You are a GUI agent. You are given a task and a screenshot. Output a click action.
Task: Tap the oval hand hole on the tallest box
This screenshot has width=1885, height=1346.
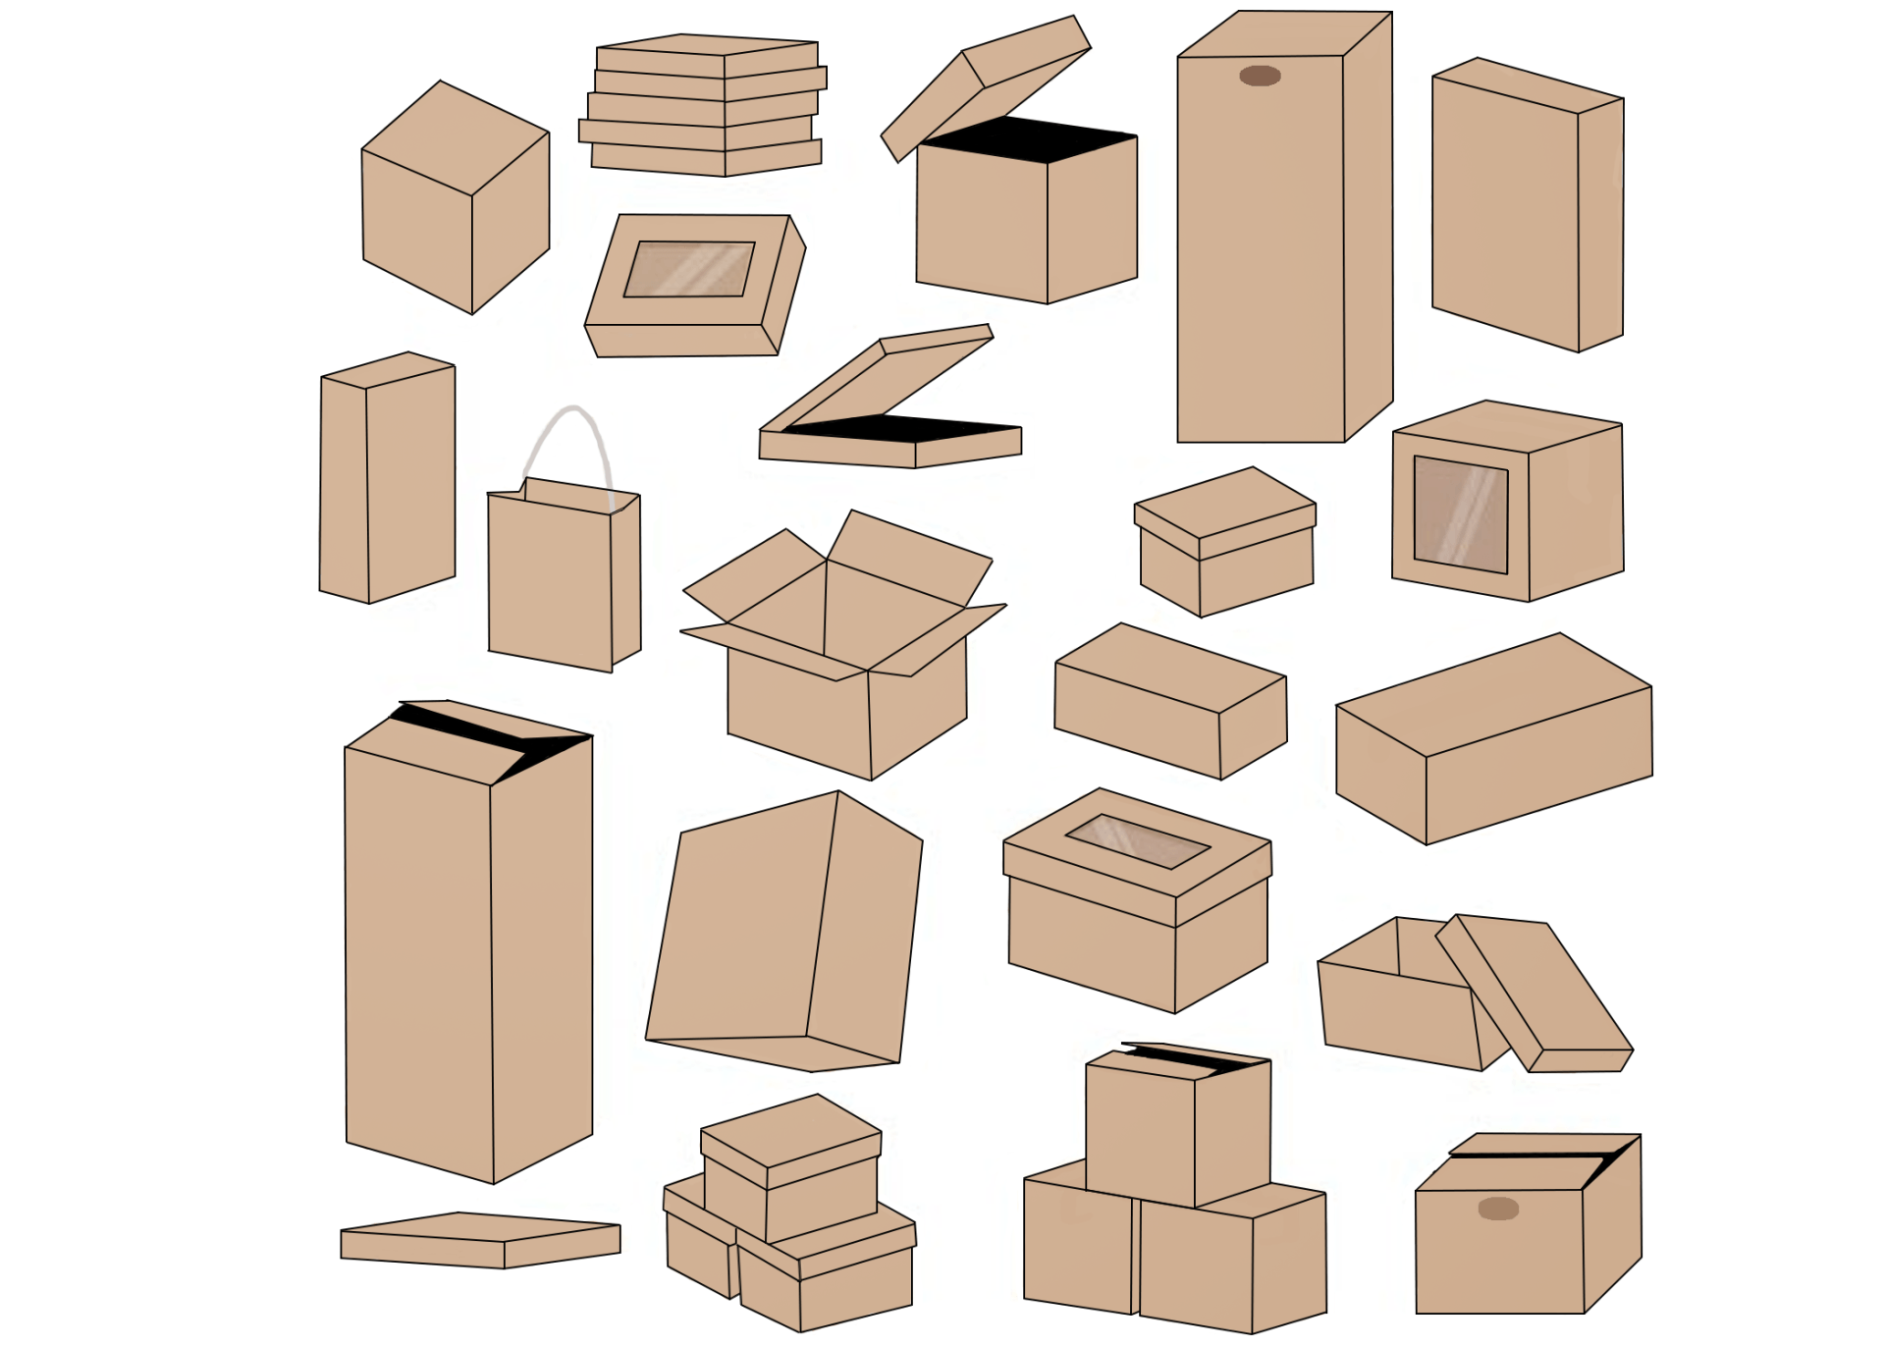click(1260, 76)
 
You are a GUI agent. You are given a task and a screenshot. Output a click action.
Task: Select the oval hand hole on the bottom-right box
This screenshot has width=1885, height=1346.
click(1498, 1209)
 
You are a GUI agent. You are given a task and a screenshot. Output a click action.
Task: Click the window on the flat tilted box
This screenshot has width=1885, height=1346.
click(689, 269)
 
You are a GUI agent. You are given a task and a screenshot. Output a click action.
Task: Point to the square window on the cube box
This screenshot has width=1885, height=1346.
click(1460, 514)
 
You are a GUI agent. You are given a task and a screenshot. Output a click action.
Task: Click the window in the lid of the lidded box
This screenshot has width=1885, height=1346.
click(1137, 841)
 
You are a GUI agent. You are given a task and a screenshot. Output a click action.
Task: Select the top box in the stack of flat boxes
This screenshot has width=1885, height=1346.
click(707, 55)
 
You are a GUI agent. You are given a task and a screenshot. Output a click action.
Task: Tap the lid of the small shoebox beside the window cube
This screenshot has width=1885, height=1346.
click(1225, 511)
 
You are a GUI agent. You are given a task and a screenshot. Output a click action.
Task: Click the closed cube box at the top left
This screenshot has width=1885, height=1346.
click(455, 201)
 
